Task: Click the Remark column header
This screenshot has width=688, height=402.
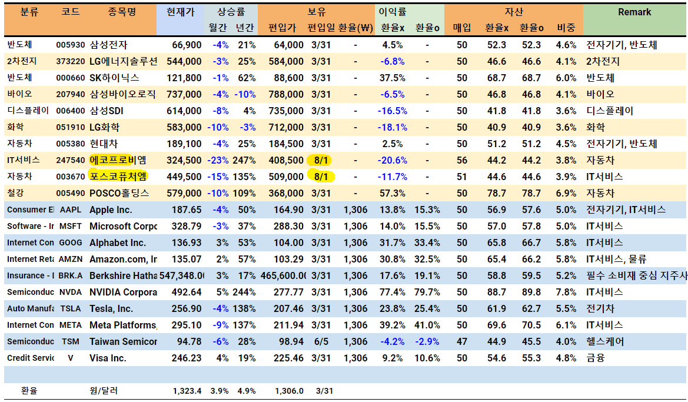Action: (x=634, y=12)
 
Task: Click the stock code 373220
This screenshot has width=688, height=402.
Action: (x=71, y=62)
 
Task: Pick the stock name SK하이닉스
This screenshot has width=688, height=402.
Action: (x=114, y=78)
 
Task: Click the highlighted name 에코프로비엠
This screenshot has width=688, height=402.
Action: (x=118, y=160)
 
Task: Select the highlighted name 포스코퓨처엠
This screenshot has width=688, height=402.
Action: (x=118, y=177)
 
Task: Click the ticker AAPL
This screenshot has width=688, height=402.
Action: (x=71, y=210)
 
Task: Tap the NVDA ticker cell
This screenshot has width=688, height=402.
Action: (x=71, y=293)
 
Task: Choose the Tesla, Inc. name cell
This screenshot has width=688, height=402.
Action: (x=111, y=309)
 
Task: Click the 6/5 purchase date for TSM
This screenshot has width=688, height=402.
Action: (x=321, y=342)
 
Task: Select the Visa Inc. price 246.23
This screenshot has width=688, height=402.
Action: (x=187, y=358)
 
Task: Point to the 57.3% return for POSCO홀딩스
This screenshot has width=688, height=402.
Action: (x=393, y=194)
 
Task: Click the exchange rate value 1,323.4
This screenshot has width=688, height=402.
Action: (x=187, y=391)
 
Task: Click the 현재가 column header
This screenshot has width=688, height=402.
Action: (x=179, y=12)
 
